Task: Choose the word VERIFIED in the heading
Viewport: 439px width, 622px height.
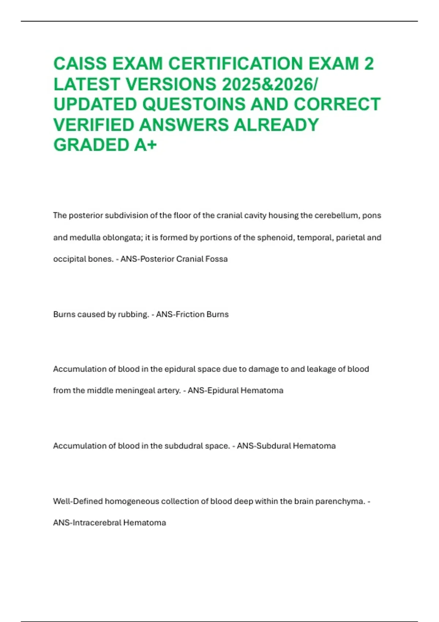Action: (93, 125)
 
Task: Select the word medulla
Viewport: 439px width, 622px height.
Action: (87, 237)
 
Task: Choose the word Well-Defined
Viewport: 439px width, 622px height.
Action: (78, 501)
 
